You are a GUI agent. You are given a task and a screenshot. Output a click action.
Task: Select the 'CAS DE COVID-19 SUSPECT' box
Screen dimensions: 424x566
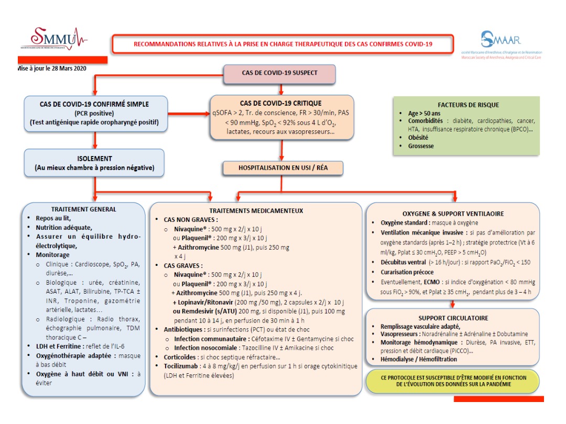coord(279,73)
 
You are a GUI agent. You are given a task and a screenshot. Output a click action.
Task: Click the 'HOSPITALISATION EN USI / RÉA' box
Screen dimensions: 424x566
coord(283,168)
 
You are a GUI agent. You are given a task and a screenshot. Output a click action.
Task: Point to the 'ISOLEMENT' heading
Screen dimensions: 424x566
coord(94,158)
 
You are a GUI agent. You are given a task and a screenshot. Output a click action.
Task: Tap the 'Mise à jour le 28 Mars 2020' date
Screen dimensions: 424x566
coord(51,68)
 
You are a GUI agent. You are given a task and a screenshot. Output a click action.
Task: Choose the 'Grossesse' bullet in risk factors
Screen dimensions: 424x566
coord(421,146)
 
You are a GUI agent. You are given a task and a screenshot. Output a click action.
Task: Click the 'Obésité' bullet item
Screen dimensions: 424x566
coord(419,137)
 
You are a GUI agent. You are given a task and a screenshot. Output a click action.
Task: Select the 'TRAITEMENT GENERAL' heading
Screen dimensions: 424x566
coord(84,209)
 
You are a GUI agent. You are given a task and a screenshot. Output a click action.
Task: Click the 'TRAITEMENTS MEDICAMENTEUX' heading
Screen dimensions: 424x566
coord(256,210)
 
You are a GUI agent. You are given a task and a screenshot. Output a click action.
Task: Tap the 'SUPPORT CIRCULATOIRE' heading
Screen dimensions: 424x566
coord(453,318)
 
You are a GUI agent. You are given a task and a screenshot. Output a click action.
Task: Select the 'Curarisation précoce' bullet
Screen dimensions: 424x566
coord(407,272)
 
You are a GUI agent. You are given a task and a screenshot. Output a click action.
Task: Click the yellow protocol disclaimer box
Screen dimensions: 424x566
coord(453,381)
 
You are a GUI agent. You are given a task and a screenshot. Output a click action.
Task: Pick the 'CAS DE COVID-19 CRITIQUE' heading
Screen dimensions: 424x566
coord(280,103)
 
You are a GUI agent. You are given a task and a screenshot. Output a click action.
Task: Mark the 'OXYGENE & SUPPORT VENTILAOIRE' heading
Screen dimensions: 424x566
coord(453,214)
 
